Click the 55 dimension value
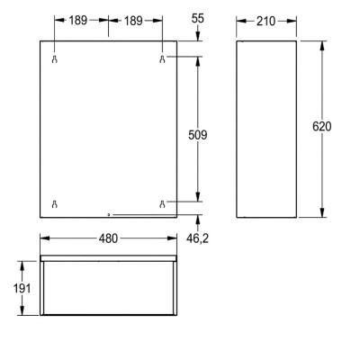[198, 19]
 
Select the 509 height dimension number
[199, 135]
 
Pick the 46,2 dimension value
[198, 240]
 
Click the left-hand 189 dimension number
[82, 20]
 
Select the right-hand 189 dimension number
[135, 20]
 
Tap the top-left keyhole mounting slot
[55, 59]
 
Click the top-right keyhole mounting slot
[163, 59]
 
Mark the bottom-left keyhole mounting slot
[55, 203]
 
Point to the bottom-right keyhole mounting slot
[163, 203]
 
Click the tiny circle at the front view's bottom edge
[109, 214]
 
